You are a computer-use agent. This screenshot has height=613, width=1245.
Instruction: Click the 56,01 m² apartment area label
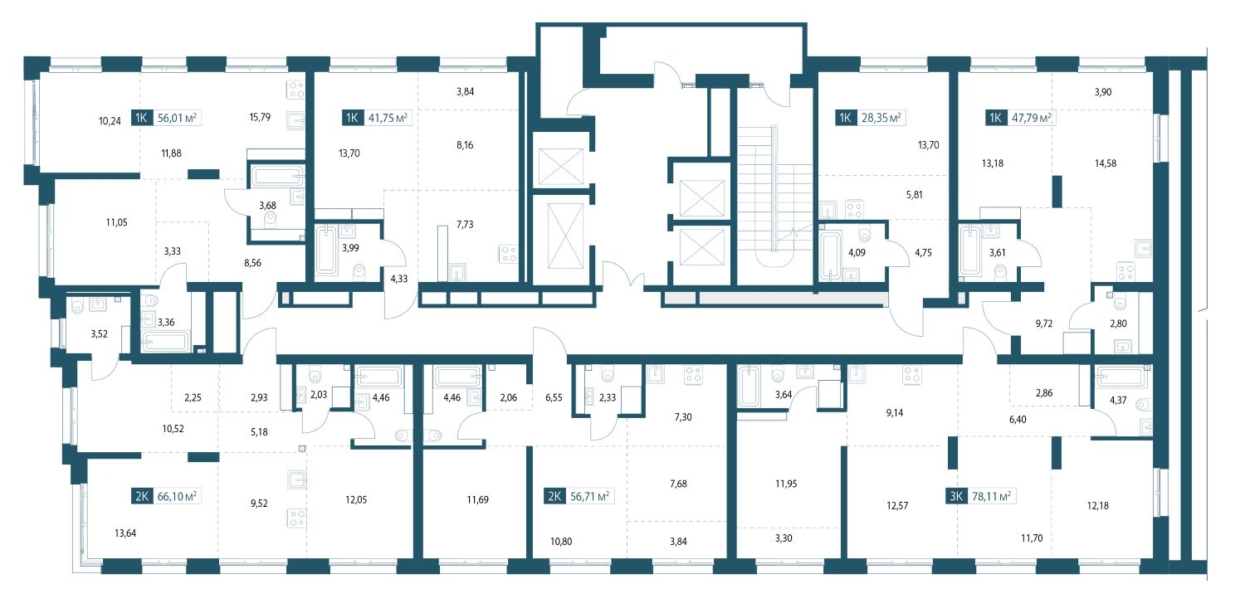pyautogui.click(x=177, y=118)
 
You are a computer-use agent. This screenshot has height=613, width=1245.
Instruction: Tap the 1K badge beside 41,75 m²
pyautogui.click(x=352, y=118)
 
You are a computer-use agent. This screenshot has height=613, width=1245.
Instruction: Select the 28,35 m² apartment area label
pyautogui.click(x=881, y=118)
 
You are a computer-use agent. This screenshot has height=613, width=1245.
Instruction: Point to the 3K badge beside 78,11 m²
pyautogui.click(x=956, y=496)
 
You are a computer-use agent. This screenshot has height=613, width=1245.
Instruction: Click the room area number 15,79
pyautogui.click(x=260, y=117)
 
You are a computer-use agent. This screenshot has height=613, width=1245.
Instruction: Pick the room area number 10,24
pyautogui.click(x=110, y=121)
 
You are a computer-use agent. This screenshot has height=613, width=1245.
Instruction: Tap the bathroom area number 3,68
pyautogui.click(x=267, y=206)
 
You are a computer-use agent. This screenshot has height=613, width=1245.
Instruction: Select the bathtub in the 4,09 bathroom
pyautogui.click(x=830, y=255)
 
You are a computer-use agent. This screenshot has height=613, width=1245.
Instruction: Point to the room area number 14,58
pyautogui.click(x=1105, y=163)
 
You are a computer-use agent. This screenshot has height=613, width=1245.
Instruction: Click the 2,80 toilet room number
pyautogui.click(x=1118, y=324)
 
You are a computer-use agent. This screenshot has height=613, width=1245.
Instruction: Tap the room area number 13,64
pyautogui.click(x=125, y=533)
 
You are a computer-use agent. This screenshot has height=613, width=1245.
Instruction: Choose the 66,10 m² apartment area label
pyautogui.click(x=177, y=496)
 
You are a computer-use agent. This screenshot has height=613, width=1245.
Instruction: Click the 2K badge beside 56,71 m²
pyautogui.click(x=554, y=496)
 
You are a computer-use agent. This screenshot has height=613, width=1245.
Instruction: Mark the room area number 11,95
pyautogui.click(x=786, y=484)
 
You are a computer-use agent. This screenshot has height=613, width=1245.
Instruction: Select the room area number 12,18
pyautogui.click(x=1098, y=505)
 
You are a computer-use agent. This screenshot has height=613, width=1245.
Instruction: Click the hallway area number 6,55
pyautogui.click(x=554, y=397)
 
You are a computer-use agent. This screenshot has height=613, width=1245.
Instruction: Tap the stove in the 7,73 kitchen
pyautogui.click(x=509, y=254)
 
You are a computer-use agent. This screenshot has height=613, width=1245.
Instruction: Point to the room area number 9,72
pyautogui.click(x=1044, y=324)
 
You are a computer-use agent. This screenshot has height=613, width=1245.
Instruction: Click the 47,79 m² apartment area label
pyautogui.click(x=1032, y=118)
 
